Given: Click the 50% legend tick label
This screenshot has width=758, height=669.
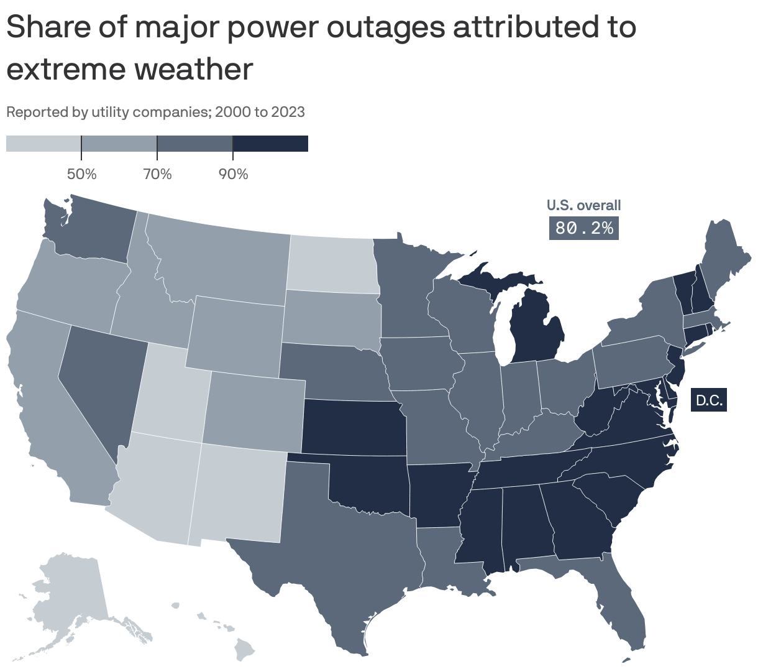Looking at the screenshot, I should (81, 174).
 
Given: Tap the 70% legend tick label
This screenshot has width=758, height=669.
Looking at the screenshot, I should (157, 174).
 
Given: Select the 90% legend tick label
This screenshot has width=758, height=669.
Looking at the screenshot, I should (233, 174).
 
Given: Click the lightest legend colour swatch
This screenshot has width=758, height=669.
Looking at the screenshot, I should (43, 144).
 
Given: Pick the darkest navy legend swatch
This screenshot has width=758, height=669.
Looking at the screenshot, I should (270, 144).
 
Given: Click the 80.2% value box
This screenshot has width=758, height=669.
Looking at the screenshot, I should (584, 228).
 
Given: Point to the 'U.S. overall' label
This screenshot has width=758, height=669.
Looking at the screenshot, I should (583, 205).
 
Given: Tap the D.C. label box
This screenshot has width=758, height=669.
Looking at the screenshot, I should (709, 400).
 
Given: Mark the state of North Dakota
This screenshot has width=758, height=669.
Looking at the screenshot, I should (332, 264).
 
